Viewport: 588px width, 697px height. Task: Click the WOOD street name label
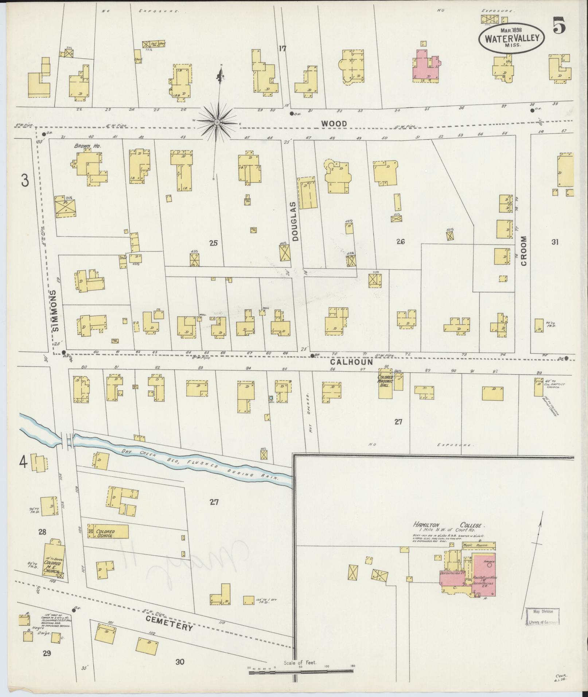[x=334, y=124]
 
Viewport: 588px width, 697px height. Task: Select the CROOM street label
[x=524, y=251]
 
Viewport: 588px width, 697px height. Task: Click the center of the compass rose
[x=217, y=122]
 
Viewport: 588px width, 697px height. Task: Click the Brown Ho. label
[x=82, y=146]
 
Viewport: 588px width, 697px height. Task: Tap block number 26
[x=400, y=241]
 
